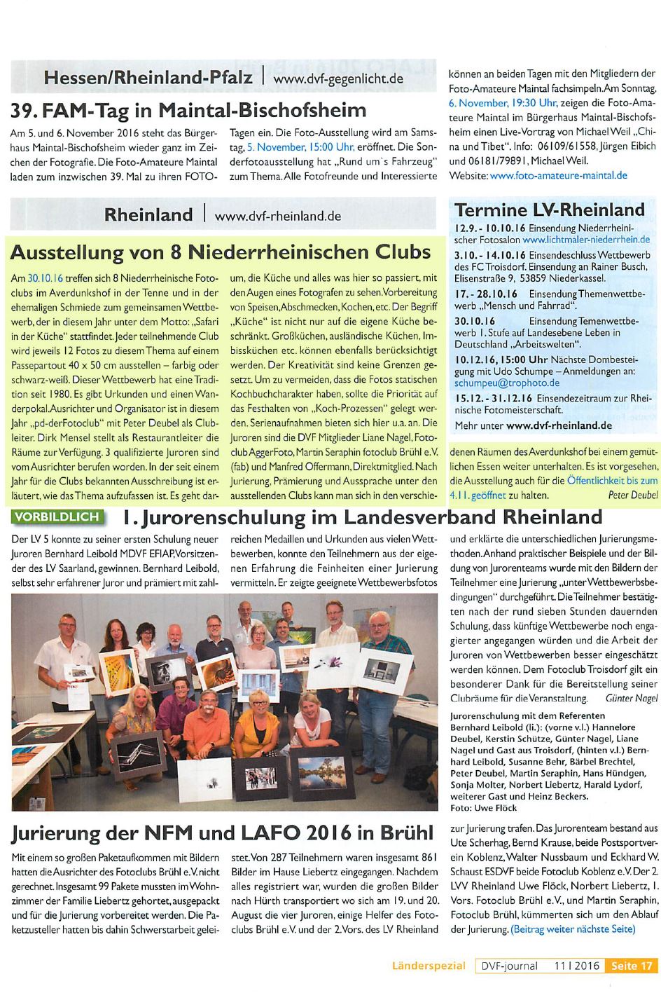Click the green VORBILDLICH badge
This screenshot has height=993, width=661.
tap(58, 517)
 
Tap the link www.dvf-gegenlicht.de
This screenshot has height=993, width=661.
tap(338, 78)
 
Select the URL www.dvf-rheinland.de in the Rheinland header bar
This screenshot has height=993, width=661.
tap(278, 216)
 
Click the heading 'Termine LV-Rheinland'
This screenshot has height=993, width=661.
tap(550, 210)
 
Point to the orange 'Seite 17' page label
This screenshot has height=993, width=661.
tap(632, 966)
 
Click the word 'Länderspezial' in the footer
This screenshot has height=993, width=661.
tap(429, 966)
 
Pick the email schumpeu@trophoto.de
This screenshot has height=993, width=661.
tap(507, 383)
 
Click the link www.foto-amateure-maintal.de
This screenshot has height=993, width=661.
tap(559, 176)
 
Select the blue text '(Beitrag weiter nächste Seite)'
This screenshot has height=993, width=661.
tap(573, 929)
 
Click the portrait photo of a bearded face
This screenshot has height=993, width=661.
tap(168, 670)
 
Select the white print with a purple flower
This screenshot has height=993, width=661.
tap(334, 663)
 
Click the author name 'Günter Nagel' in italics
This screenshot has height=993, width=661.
tap(631, 698)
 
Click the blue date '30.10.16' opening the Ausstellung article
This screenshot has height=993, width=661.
tap(45, 279)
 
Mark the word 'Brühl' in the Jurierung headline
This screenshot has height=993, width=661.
tap(408, 833)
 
